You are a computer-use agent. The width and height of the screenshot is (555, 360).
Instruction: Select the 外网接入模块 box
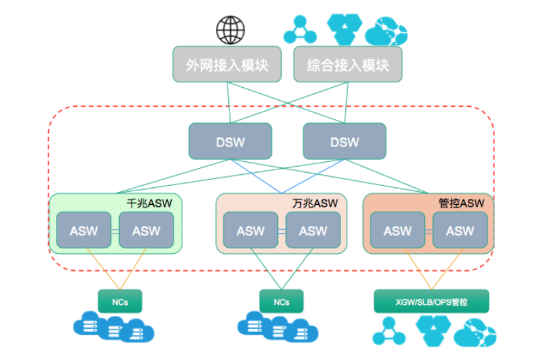[x=227, y=65]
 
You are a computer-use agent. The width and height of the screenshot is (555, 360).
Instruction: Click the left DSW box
[x=230, y=142]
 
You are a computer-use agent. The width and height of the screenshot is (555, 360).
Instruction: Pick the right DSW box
[x=344, y=142]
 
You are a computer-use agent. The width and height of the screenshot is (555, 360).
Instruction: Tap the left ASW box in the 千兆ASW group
[x=84, y=231]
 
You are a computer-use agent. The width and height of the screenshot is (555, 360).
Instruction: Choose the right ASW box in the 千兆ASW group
[x=146, y=231]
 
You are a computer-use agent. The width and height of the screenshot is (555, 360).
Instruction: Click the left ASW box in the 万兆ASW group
[x=251, y=231]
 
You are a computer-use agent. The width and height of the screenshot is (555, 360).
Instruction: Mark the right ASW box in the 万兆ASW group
[x=313, y=231]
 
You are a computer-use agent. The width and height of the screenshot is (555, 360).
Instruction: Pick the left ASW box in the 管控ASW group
[x=398, y=231]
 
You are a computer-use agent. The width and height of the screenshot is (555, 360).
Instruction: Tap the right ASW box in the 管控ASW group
[x=460, y=231]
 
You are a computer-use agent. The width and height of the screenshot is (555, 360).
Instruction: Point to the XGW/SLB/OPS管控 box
[x=431, y=301]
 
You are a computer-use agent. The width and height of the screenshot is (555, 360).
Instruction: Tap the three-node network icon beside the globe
[x=300, y=30]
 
